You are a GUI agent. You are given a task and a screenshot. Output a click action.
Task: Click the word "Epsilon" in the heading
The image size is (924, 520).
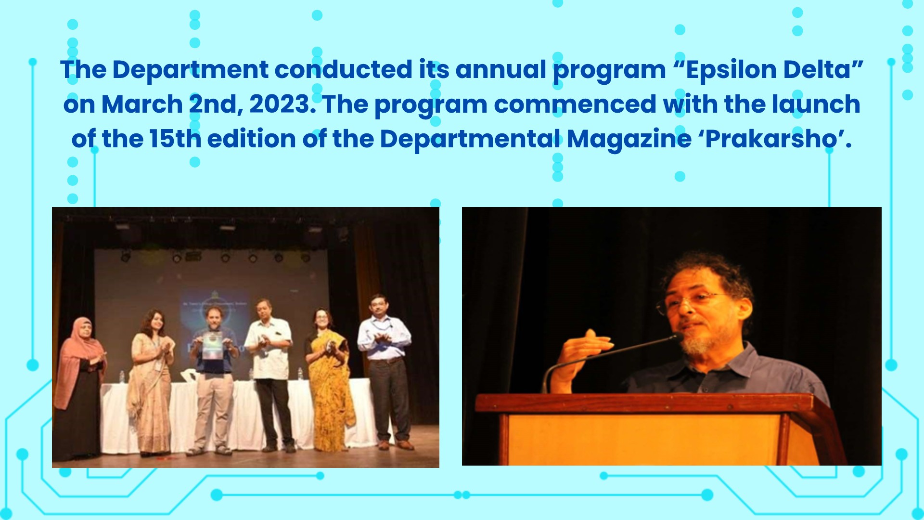click(731, 70)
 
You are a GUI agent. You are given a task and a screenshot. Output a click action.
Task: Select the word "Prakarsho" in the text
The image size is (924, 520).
click(771, 139)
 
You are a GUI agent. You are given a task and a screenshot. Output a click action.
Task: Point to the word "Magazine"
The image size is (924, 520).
click(629, 140)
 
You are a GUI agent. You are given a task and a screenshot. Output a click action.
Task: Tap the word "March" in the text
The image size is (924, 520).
click(142, 104)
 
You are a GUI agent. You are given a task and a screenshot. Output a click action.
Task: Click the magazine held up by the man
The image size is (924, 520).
click(212, 346)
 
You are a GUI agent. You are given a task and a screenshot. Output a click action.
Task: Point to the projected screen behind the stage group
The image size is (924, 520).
click(212, 308)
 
